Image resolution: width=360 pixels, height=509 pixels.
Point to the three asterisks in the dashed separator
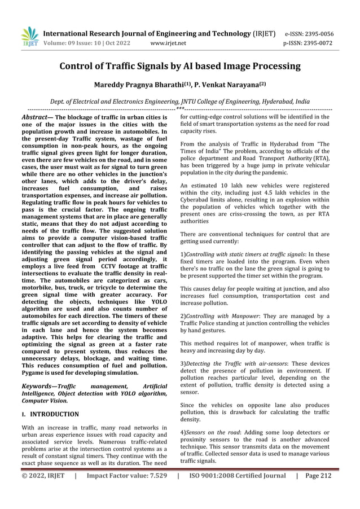(x=179, y=108)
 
